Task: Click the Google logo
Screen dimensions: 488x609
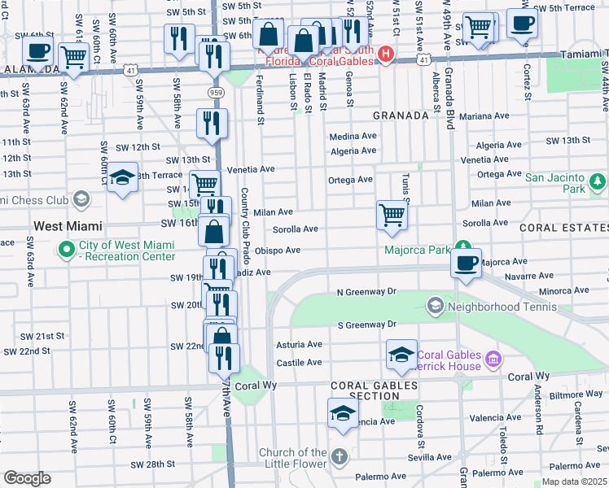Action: point(26,478)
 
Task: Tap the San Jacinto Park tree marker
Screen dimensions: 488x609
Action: point(598,180)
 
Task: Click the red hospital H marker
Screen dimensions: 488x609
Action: point(385,55)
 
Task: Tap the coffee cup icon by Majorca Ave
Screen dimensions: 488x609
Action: point(466,264)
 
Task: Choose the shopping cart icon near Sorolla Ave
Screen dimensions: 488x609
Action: point(392,216)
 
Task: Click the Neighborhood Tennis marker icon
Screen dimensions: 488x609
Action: point(435,307)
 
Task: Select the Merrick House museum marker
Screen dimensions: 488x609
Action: point(493,358)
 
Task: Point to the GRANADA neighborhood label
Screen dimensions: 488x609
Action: point(401,115)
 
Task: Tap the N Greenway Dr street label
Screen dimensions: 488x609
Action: point(366,291)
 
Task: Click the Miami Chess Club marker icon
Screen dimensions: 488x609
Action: point(81,198)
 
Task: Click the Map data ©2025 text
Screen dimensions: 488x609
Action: point(574,481)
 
